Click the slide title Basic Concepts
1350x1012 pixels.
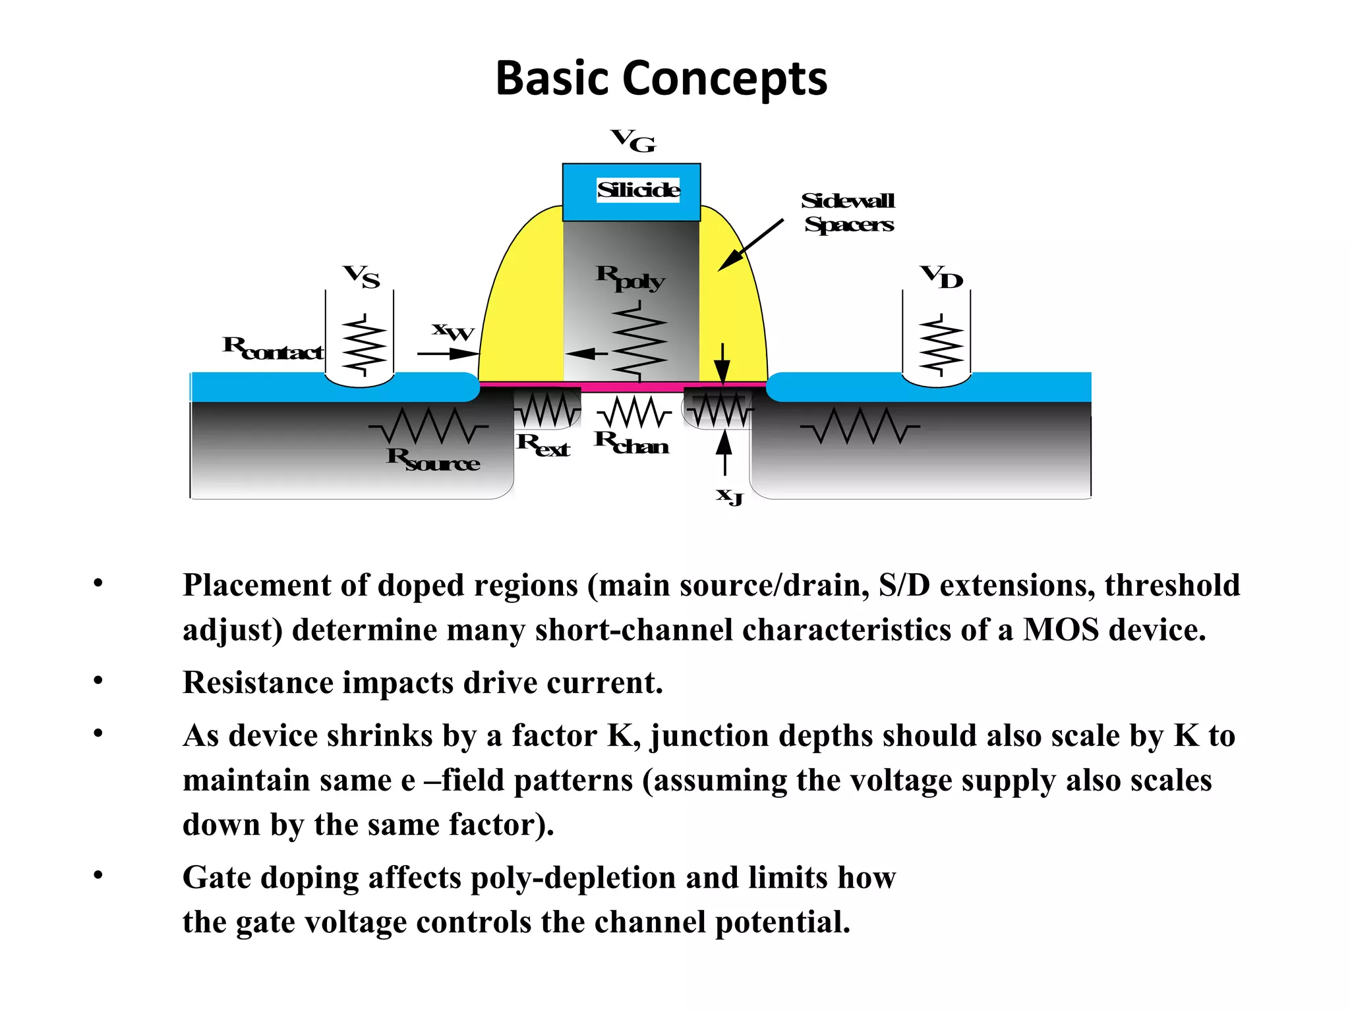tap(660, 78)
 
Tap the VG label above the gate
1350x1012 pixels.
tap(633, 140)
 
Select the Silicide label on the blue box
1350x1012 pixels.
tap(637, 190)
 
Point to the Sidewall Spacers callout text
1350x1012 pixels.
tap(848, 212)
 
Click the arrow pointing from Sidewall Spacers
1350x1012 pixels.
tap(751, 244)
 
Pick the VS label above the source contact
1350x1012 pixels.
tap(361, 277)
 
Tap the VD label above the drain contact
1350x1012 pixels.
tap(942, 277)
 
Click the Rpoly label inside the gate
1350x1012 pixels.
tap(630, 278)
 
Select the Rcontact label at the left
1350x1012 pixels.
tap(273, 348)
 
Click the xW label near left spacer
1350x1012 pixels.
tap(453, 331)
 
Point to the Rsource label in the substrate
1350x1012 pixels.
tap(432, 459)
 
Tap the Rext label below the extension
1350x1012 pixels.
tap(543, 445)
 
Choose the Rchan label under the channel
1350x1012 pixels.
tap(631, 443)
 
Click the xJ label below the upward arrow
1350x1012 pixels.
tap(729, 495)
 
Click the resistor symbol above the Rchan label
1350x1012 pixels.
tap(634, 412)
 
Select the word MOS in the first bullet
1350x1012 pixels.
tap(1061, 630)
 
